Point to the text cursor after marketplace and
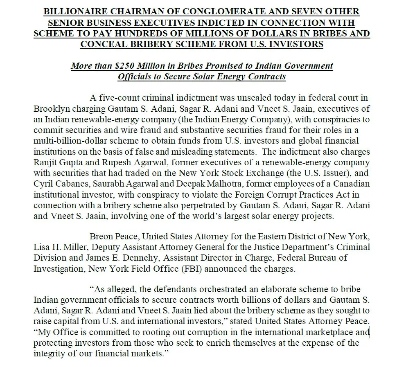point(370,332)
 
